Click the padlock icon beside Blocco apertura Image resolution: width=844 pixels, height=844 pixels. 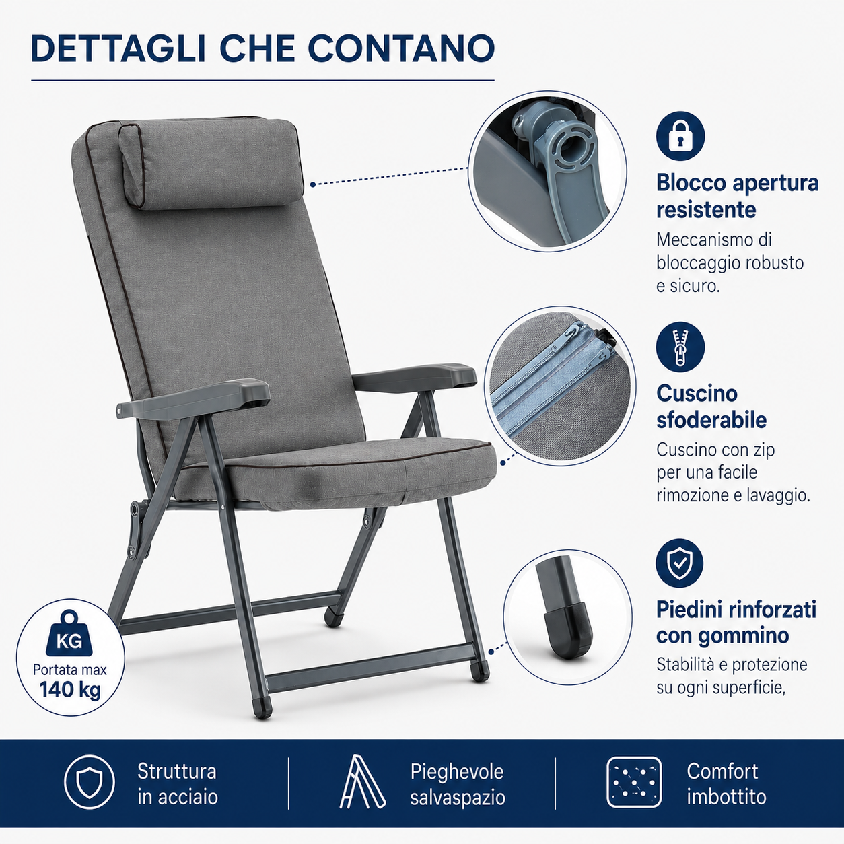coord(680,136)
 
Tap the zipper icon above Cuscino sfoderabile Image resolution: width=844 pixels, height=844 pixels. coord(680,347)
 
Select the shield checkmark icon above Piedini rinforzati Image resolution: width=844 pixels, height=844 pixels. coord(679,563)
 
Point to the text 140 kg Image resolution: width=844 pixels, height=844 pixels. coord(70,690)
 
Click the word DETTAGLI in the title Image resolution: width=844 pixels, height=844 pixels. coord(118,48)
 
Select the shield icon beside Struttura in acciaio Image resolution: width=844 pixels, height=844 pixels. coord(90,781)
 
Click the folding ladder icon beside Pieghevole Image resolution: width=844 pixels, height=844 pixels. coord(362,781)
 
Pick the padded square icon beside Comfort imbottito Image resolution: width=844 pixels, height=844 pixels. coord(634,782)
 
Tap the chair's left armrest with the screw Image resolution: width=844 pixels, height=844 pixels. coord(193,399)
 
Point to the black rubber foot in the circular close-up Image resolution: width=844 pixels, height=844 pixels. coord(567,630)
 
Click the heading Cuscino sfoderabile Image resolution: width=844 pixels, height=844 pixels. coord(711,407)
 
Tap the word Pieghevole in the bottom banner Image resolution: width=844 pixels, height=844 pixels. coord(457,771)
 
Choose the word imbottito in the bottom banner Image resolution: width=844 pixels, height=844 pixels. coord(726,797)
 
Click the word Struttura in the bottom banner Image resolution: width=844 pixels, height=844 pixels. coord(177,771)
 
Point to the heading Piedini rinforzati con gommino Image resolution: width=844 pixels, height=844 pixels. coord(736,622)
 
